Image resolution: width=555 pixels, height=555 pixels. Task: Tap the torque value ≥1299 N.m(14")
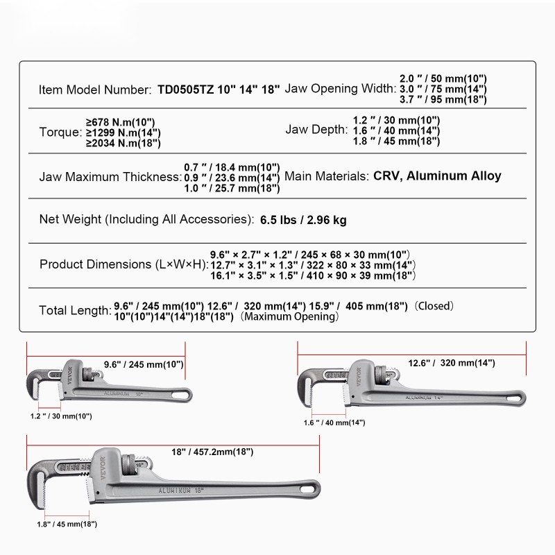(x=123, y=133)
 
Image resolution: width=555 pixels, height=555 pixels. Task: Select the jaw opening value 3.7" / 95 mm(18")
(x=443, y=99)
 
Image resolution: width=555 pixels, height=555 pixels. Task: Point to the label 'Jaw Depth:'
(x=316, y=130)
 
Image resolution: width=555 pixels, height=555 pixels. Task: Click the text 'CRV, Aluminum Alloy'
(x=437, y=176)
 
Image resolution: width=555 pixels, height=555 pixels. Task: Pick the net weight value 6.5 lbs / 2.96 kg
(x=303, y=221)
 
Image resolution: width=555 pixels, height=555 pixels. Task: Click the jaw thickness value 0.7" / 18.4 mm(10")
(x=232, y=167)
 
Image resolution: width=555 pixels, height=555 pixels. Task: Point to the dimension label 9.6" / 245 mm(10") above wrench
(x=144, y=364)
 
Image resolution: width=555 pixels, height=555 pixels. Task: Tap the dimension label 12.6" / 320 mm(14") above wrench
(x=451, y=363)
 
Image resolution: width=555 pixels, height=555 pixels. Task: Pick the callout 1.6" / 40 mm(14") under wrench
(x=334, y=422)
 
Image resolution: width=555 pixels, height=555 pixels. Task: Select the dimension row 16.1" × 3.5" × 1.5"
(x=313, y=276)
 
